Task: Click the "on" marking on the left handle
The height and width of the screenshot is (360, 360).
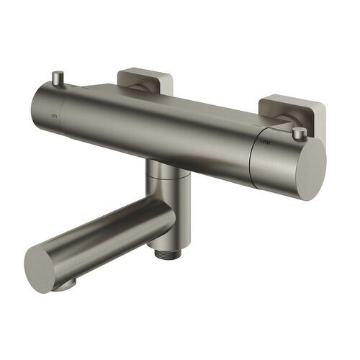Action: click(x=49, y=114)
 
